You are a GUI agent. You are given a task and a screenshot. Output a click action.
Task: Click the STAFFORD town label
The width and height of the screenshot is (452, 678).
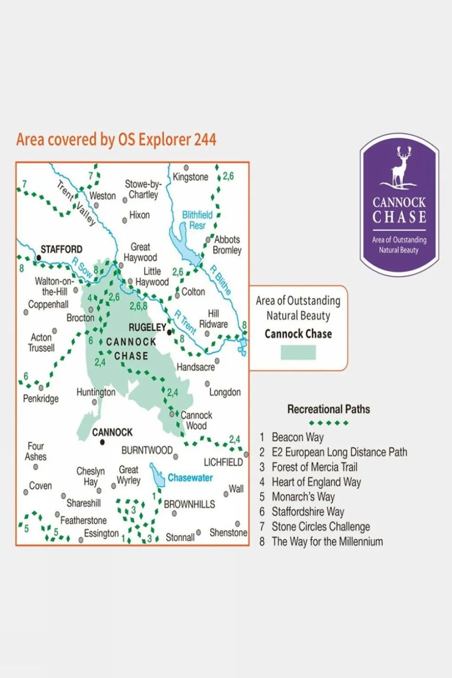[61, 249]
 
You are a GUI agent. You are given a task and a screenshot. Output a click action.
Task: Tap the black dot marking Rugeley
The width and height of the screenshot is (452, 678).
[169, 332]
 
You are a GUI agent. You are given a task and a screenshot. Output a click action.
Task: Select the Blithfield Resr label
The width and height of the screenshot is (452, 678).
[197, 220]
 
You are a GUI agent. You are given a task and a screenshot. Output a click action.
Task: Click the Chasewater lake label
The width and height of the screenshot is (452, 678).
[190, 478]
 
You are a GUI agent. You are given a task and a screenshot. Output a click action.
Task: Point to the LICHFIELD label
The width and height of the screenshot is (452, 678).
[223, 462]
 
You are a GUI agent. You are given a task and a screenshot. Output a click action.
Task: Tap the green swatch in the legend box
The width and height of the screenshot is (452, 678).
[298, 352]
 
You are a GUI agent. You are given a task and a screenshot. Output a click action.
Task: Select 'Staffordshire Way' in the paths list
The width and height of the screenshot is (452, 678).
[308, 512]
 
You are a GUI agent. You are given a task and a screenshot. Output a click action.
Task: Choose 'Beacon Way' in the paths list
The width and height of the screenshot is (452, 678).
[297, 437]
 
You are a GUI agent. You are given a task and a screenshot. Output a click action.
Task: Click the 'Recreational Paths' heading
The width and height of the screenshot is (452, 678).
[329, 409]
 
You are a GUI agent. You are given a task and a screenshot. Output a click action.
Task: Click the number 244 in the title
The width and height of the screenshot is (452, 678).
[205, 139]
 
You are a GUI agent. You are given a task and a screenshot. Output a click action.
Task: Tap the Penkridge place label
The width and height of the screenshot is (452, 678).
[41, 399]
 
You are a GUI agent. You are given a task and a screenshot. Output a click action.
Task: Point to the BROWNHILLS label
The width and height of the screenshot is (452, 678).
[189, 504]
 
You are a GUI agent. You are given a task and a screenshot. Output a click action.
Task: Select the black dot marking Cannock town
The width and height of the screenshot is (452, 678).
[102, 442]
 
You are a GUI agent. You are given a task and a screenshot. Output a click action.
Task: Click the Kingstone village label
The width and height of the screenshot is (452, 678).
[190, 177]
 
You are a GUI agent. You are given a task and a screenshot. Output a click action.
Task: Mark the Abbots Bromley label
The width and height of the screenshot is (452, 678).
[227, 245]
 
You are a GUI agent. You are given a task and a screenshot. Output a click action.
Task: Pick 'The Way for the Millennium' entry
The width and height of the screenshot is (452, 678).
[327, 542]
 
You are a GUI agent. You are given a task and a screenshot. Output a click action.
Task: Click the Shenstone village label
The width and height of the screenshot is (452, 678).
[228, 532]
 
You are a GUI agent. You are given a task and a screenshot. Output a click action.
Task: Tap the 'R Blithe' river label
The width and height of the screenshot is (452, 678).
[221, 280]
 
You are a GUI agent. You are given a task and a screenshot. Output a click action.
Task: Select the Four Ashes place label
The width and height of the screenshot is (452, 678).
[36, 451]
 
